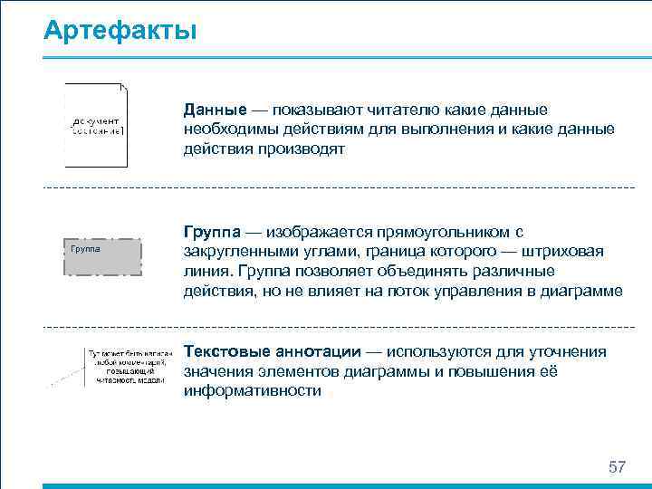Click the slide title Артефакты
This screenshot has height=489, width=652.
[x=120, y=31]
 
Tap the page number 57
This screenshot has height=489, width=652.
[x=617, y=467]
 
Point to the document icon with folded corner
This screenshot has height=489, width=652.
[x=97, y=126]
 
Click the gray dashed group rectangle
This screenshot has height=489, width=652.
[x=103, y=256]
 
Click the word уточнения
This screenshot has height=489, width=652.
[x=570, y=351]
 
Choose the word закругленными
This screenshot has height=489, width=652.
[x=239, y=252]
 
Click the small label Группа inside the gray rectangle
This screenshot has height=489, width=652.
[x=83, y=247]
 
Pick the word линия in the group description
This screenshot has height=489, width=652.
[x=207, y=272]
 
